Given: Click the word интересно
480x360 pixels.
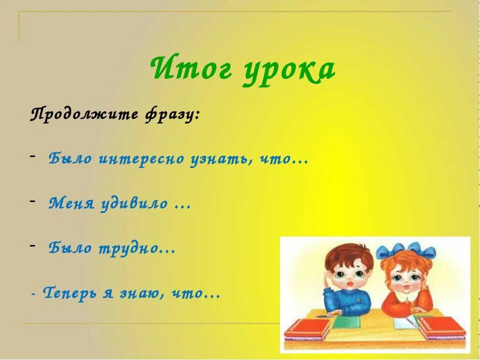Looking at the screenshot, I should [x=142, y=159].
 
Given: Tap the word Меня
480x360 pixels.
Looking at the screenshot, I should [x=70, y=203].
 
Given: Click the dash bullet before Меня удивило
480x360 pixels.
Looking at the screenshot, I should [x=32, y=201].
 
